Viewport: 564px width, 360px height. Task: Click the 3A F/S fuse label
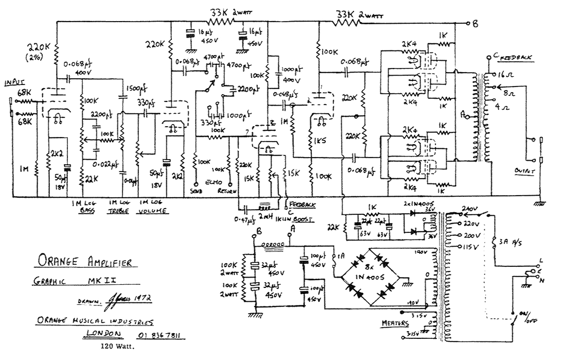[x=507, y=241]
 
